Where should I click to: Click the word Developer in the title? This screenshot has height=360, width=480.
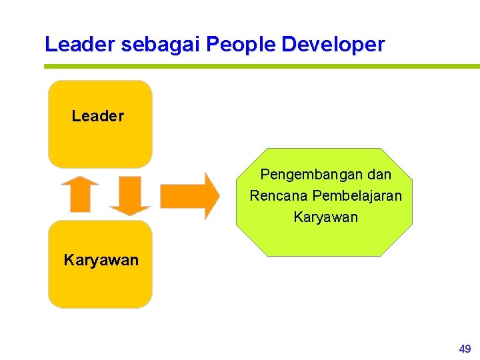pyautogui.click(x=333, y=45)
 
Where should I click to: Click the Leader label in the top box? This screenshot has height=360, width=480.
pyautogui.click(x=97, y=116)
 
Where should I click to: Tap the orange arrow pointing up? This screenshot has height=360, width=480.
pyautogui.click(x=79, y=197)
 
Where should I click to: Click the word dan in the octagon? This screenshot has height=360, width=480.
pyautogui.click(x=379, y=175)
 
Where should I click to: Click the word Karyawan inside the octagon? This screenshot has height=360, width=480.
pyautogui.click(x=325, y=217)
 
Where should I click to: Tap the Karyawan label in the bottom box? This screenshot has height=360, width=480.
pyautogui.click(x=101, y=260)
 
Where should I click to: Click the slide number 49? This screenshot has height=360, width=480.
pyautogui.click(x=465, y=349)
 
